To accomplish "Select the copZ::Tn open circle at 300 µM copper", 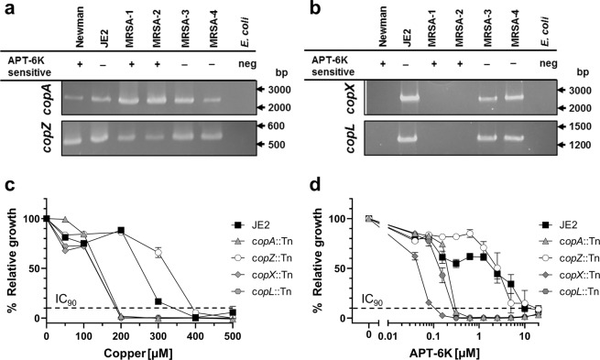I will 158,252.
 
